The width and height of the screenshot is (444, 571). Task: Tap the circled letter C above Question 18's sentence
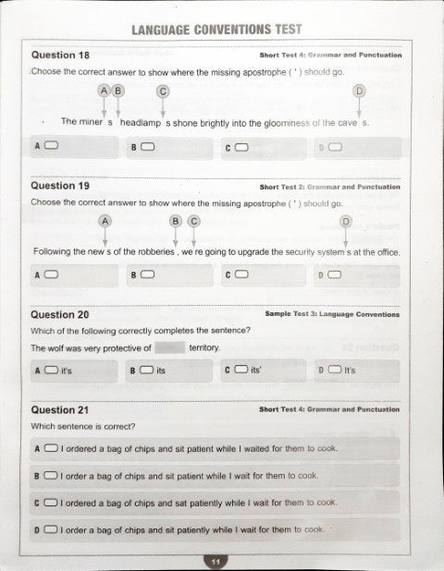163,91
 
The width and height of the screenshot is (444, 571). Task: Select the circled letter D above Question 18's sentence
359,91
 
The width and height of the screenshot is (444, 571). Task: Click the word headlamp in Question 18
141,122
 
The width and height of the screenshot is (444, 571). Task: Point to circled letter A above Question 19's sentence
105,221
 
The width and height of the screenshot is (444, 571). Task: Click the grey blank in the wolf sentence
168,348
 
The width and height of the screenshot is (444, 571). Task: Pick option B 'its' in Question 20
146,371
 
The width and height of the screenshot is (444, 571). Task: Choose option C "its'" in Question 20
240,371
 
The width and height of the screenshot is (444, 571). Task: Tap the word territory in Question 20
203,348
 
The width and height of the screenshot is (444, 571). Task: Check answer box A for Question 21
51,449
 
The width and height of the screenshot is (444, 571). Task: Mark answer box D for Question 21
51,529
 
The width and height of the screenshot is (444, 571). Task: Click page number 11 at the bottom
215,560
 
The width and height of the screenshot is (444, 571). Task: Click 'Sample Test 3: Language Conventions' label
332,314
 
